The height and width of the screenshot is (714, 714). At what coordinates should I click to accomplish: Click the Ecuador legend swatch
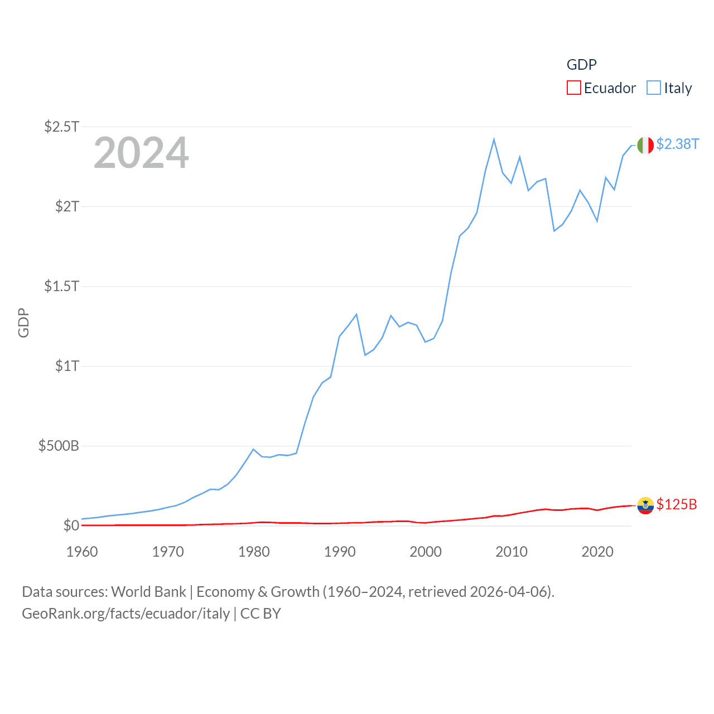(573, 88)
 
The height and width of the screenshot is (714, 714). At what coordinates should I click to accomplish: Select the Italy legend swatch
(653, 88)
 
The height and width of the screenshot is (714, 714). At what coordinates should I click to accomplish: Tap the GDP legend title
(581, 65)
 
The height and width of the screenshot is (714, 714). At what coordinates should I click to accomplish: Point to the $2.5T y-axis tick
(62, 127)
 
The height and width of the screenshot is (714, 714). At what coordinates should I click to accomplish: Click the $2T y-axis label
(67, 206)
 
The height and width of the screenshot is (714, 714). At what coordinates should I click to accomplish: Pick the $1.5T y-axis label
(62, 286)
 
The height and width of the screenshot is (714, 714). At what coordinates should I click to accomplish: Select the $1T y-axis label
(67, 366)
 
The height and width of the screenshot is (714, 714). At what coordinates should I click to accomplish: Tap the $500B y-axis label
(59, 446)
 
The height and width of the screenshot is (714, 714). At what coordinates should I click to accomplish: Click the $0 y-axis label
(71, 525)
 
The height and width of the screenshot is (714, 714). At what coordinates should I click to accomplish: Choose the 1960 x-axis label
(82, 552)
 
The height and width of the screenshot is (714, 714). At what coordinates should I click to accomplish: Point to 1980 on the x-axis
(254, 552)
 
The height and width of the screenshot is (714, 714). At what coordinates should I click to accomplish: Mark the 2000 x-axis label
(426, 552)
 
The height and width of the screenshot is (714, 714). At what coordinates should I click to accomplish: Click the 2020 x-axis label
(597, 552)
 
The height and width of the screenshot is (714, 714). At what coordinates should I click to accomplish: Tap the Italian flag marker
(645, 145)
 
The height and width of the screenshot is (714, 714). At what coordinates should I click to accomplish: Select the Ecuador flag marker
(645, 505)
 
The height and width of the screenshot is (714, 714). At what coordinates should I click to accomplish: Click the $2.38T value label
(677, 144)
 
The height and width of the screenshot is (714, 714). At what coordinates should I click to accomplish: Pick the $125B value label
(677, 504)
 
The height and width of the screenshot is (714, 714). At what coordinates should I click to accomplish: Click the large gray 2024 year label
(141, 153)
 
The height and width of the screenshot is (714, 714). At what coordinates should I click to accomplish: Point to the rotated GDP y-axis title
(23, 322)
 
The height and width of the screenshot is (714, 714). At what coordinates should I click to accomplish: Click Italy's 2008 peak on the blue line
(494, 139)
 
